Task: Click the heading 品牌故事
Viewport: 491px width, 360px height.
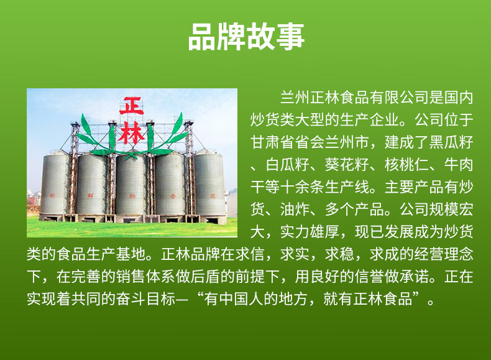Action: click(x=246, y=37)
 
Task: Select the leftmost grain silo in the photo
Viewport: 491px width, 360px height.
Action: click(x=55, y=186)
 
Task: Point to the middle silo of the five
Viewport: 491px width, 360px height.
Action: click(x=131, y=186)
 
